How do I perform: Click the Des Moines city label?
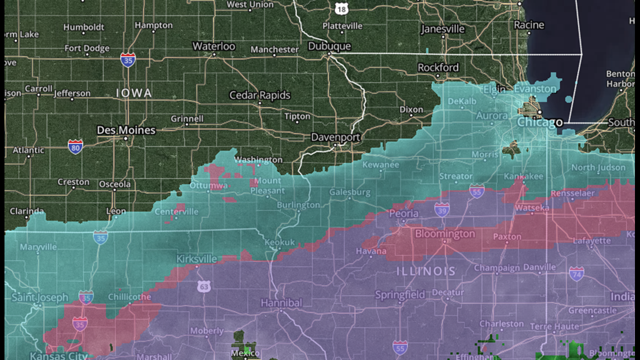tap(126, 130)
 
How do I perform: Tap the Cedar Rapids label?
tap(259, 95)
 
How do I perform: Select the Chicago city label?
tap(540, 122)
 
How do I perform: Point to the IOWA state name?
tap(134, 93)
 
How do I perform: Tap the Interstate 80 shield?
tap(75, 147)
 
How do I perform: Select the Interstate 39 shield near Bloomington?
tap(442, 209)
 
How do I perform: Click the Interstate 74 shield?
tap(576, 274)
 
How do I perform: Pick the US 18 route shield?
tap(340, 8)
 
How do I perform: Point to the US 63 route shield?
tap(204, 286)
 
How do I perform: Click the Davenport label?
tap(336, 137)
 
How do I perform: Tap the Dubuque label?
tap(329, 46)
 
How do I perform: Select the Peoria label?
tap(404, 214)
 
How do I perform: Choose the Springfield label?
tap(400, 294)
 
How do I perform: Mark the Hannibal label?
tap(281, 303)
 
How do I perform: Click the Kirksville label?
tap(196, 259)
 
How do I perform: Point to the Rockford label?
tap(438, 67)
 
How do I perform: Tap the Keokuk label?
tap(280, 242)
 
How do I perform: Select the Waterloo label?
tap(214, 46)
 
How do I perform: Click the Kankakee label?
tap(523, 176)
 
